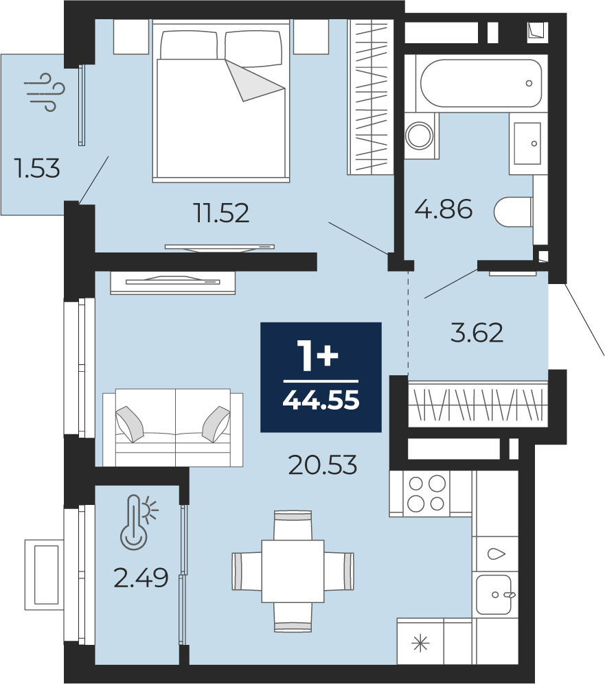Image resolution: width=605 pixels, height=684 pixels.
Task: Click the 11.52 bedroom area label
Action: [x=222, y=213]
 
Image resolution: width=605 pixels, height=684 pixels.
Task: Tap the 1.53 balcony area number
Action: [x=37, y=168]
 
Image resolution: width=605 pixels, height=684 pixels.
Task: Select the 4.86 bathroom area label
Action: [x=444, y=209]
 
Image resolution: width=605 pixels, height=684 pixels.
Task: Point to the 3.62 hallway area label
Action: [x=477, y=333]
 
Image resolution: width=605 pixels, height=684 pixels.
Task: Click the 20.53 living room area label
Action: [x=323, y=464]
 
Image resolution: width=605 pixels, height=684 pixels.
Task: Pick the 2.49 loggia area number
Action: [x=141, y=578]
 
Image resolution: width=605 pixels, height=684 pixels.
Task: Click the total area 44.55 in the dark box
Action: [x=321, y=400]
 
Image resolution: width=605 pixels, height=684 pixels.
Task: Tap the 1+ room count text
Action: [x=317, y=356]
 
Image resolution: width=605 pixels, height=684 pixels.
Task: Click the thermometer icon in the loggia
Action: [x=139, y=521]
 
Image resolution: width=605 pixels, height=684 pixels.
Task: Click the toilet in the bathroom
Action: [x=514, y=212]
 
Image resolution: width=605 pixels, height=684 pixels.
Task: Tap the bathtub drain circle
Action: [x=529, y=83]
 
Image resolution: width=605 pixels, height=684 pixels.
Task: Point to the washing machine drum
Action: [x=419, y=136]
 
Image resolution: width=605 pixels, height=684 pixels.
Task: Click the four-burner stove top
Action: [x=426, y=493]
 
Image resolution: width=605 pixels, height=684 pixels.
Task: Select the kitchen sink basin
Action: [x=494, y=594]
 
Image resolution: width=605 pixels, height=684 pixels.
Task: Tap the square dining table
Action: [x=293, y=571]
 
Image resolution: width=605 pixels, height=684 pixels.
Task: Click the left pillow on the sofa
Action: [x=130, y=423]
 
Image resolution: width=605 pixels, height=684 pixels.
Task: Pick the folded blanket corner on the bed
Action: [x=255, y=80]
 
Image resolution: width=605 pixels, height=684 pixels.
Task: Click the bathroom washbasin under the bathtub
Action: [x=527, y=143]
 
